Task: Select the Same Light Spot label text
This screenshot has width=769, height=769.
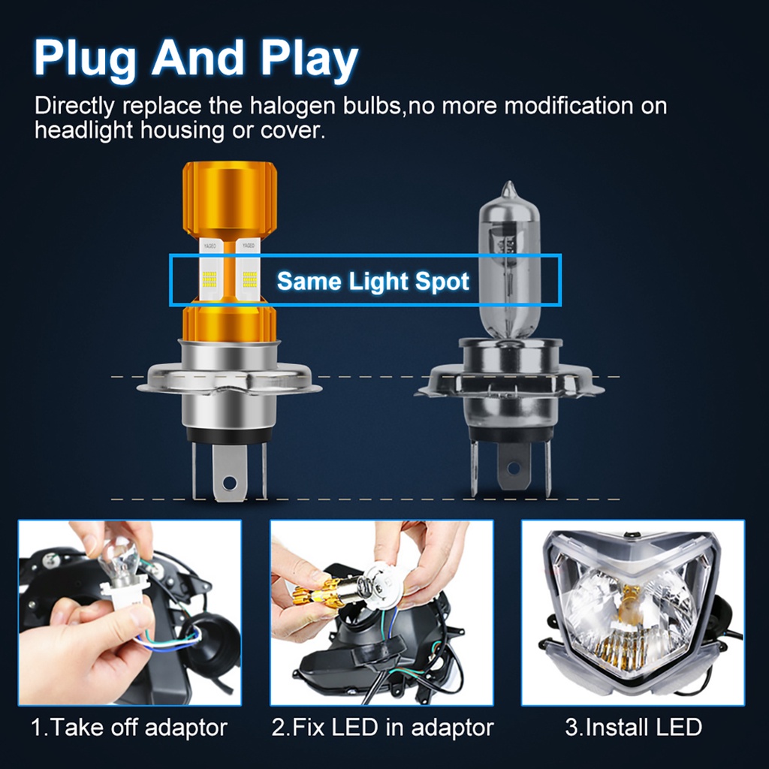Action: pos(372,282)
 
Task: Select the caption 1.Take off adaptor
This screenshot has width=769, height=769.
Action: pos(128,727)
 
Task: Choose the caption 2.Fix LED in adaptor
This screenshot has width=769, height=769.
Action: pos(382,727)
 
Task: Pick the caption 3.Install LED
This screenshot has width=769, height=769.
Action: pos(633,727)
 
